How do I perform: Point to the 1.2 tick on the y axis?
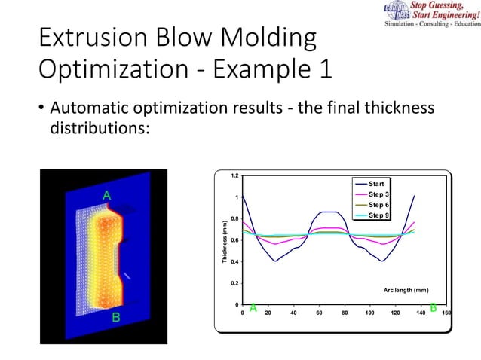coord(235,176)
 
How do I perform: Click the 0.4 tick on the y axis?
coord(235,262)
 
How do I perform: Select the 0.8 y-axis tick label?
coord(235,219)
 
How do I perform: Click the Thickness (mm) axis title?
coord(224,241)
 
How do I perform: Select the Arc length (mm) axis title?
coord(406,289)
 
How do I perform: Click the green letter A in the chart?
coord(253,307)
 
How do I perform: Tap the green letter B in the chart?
coord(433,307)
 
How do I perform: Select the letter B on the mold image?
coord(117,318)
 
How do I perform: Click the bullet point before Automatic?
coord(41,111)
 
